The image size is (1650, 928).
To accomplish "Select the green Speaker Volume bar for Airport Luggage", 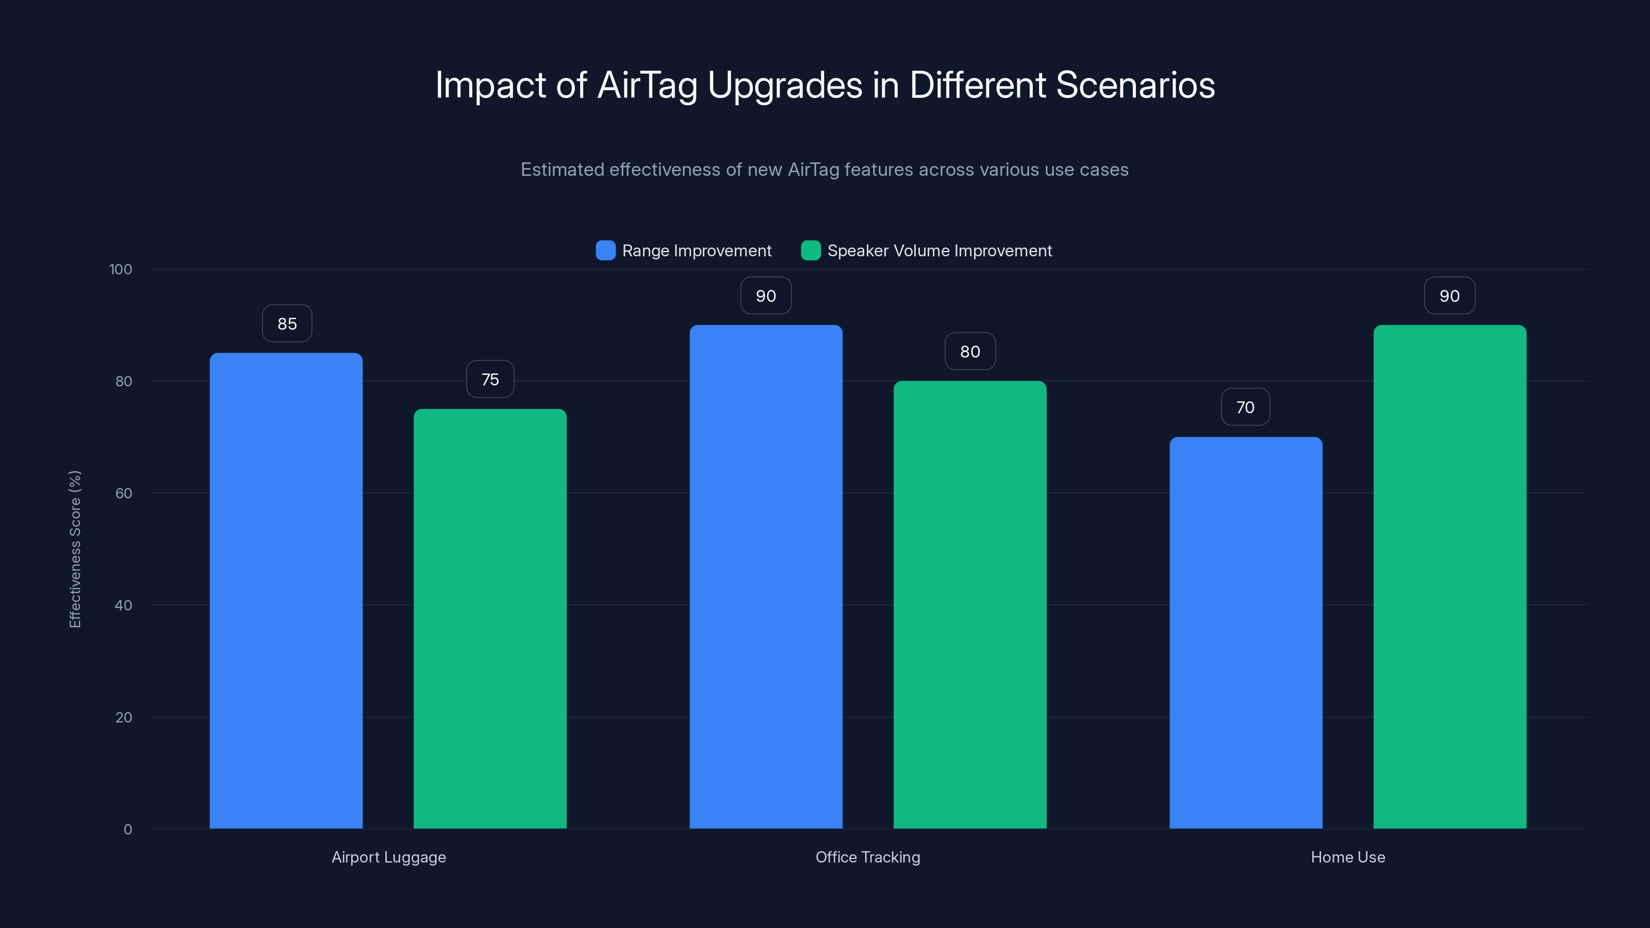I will (x=490, y=619).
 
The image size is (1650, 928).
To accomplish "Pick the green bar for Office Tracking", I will (x=970, y=605).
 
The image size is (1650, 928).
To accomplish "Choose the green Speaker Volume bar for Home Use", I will (x=1449, y=576).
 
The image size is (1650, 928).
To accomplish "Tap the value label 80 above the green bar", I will (x=970, y=352).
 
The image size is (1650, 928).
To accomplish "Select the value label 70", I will (x=1245, y=407).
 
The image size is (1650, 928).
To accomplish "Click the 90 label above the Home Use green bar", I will (x=1449, y=296).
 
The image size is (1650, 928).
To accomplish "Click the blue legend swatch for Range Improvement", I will (x=605, y=251).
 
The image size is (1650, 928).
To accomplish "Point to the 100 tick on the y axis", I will (x=121, y=270).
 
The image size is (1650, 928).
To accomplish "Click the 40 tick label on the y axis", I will (x=124, y=605).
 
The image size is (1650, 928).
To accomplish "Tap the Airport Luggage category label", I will (x=389, y=857).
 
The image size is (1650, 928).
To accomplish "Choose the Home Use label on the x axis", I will (x=1348, y=857).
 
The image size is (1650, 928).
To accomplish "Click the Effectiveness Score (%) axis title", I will (x=75, y=549).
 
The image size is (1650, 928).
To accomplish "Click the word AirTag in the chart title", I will (x=647, y=85).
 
